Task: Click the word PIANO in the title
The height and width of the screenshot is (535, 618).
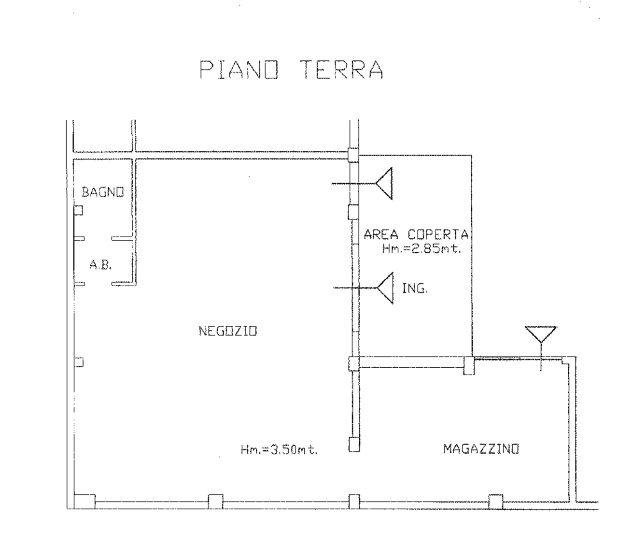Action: (x=239, y=70)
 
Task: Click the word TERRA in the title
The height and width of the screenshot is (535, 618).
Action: (x=343, y=70)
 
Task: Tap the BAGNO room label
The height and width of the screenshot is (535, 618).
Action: (x=102, y=192)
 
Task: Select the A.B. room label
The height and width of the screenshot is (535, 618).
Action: (x=100, y=265)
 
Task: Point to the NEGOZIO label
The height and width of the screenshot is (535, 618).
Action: (x=228, y=331)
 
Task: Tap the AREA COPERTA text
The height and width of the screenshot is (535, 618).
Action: (x=416, y=234)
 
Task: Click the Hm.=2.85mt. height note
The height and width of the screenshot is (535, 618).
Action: (x=421, y=249)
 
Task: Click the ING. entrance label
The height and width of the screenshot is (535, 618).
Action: (x=415, y=288)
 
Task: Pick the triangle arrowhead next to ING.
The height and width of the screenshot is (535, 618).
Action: (x=385, y=288)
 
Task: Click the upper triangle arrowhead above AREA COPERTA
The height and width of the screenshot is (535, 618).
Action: (x=384, y=184)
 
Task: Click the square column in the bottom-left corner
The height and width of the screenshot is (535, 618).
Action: (x=84, y=502)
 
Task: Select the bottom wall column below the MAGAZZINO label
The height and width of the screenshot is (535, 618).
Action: (x=496, y=502)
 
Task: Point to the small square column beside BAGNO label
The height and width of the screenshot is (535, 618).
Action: (x=78, y=210)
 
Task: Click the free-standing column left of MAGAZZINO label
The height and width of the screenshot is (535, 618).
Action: (x=354, y=444)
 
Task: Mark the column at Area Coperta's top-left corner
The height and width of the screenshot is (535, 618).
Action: (x=353, y=155)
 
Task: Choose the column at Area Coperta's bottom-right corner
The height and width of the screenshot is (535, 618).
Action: (x=469, y=366)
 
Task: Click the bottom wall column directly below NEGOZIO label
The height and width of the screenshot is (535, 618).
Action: (x=215, y=502)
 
